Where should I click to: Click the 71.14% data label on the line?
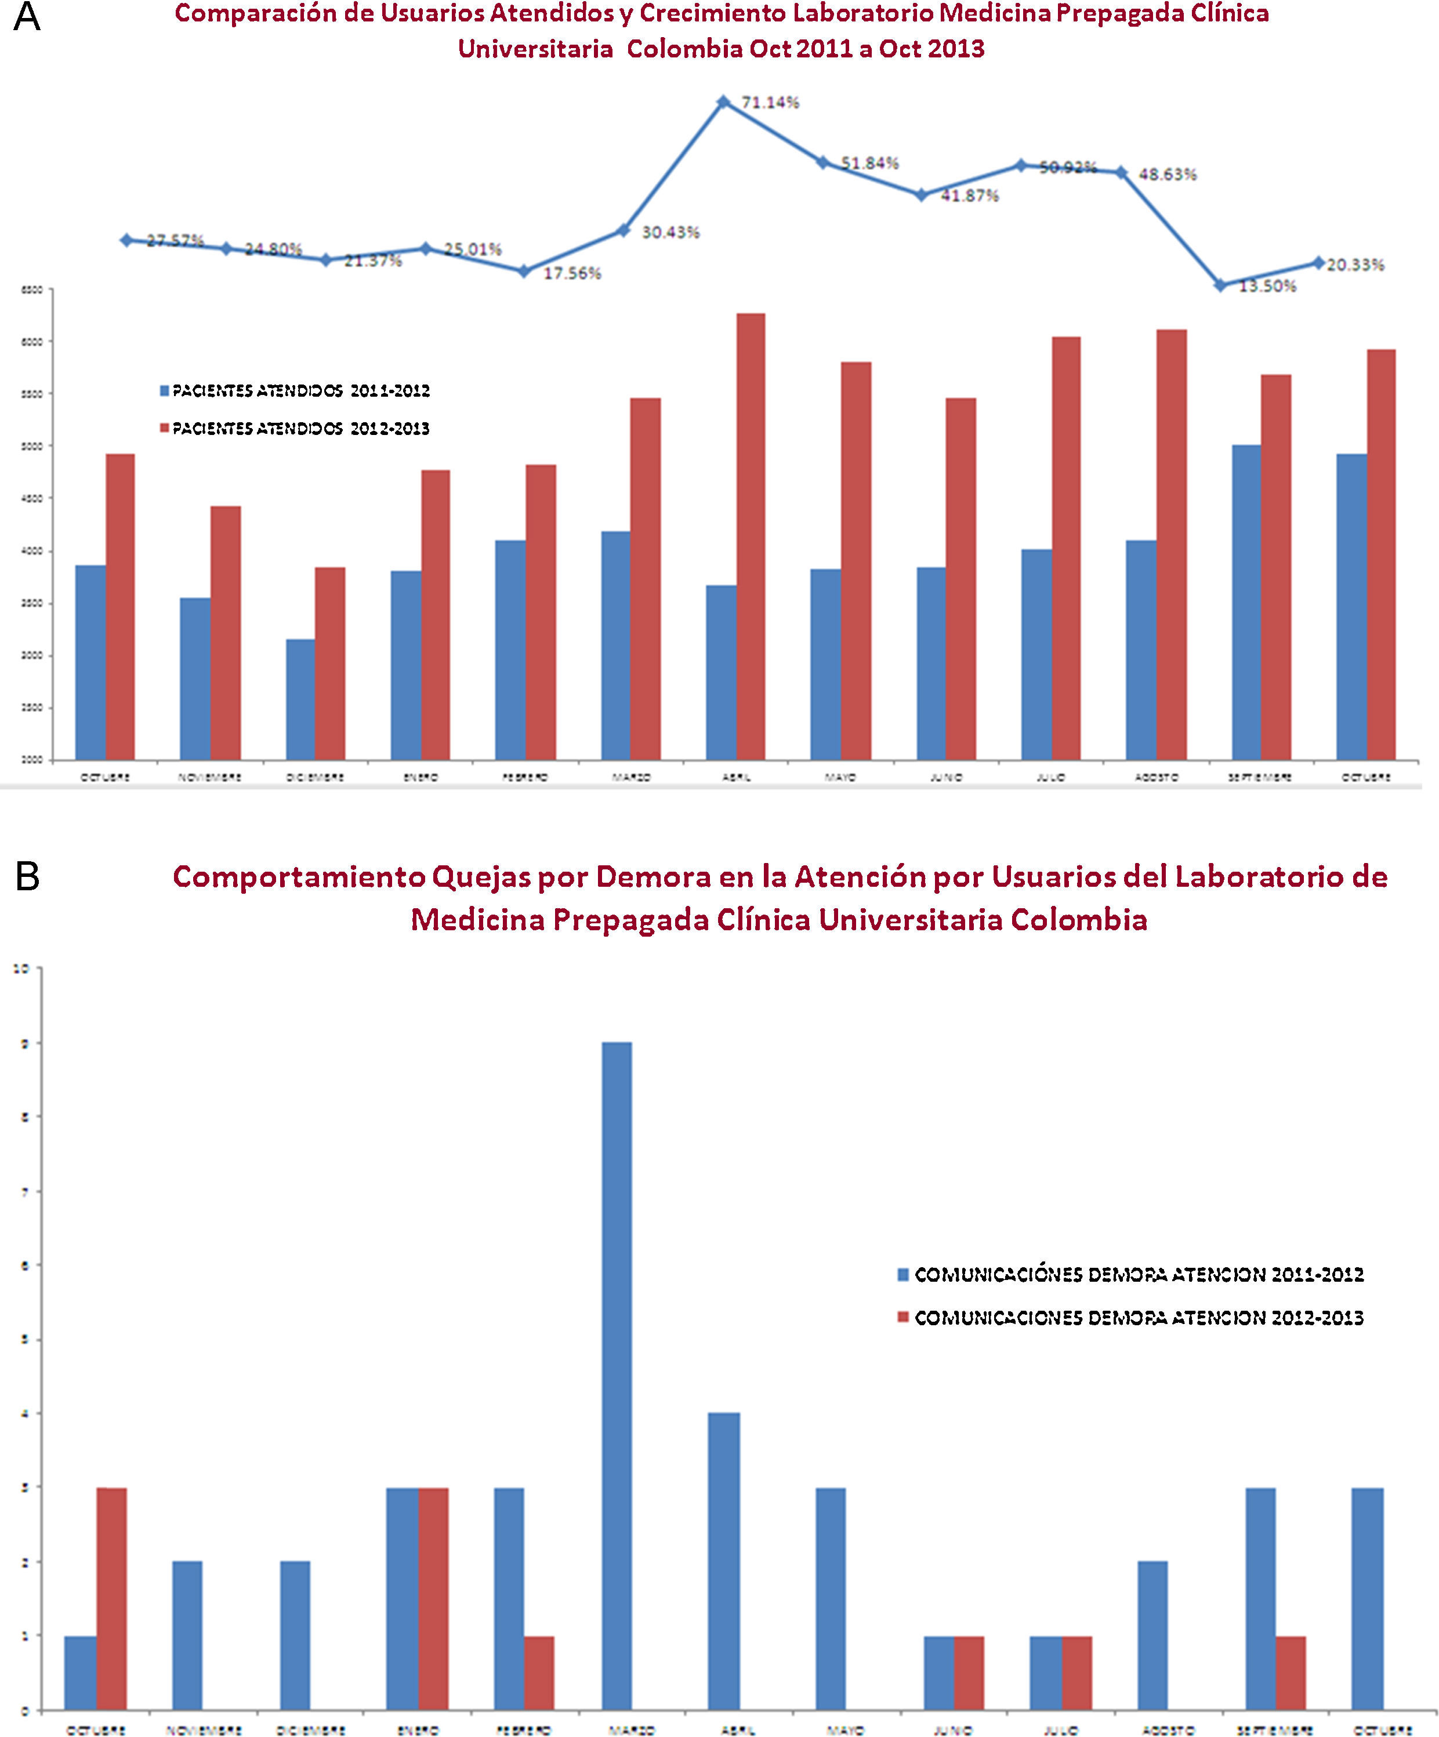[770, 103]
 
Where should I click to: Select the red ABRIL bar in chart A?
[750, 536]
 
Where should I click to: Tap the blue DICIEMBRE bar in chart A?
[300, 699]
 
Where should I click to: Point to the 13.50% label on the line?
[1267, 286]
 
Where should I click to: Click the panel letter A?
[27, 17]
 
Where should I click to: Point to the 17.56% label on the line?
[571, 274]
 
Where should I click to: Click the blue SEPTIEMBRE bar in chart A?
[1246, 602]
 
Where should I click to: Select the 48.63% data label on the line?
[1167, 175]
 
